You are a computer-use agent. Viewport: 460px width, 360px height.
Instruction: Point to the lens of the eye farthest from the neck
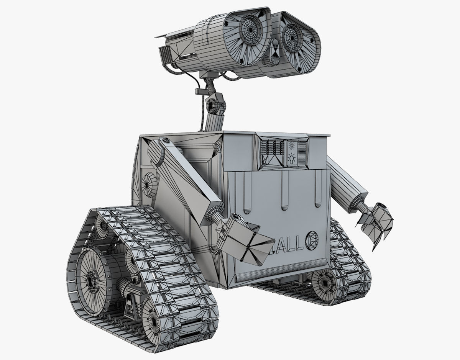click(294, 38)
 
